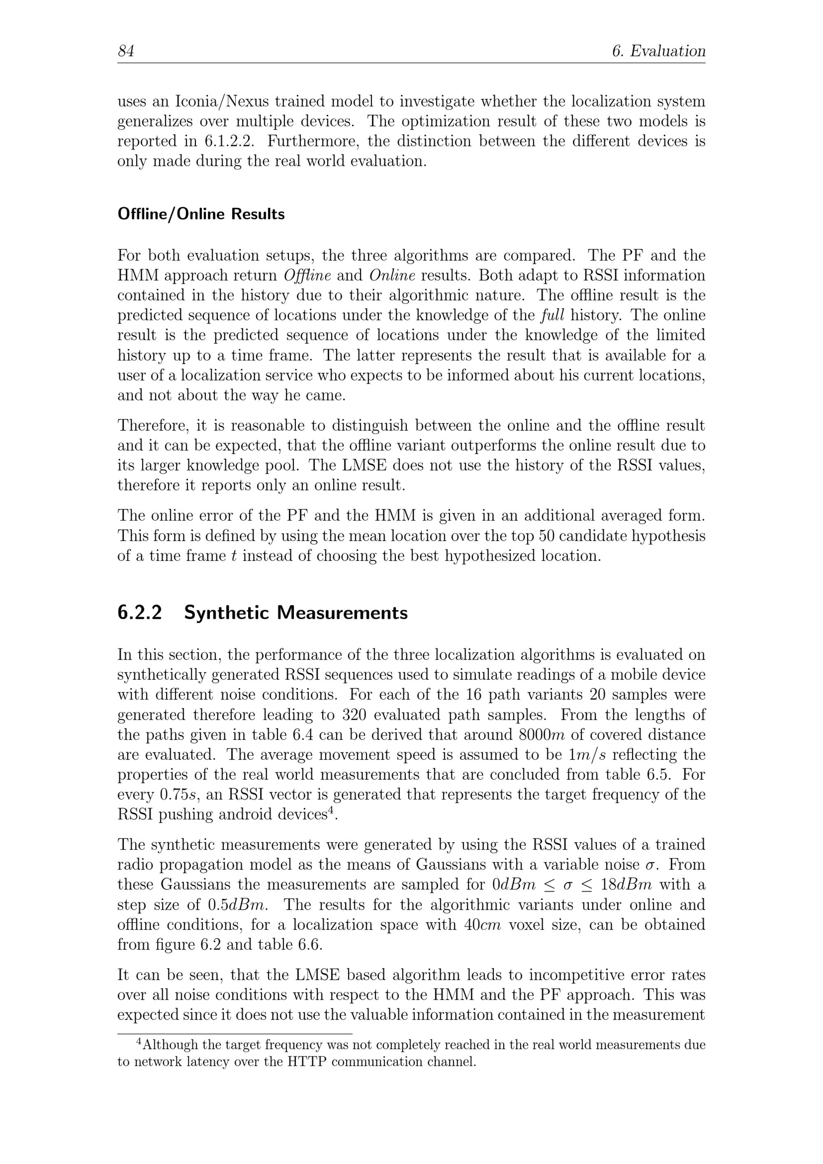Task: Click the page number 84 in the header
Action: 126,51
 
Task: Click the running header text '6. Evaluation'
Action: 659,51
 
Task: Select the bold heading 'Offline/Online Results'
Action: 201,214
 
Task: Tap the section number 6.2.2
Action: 139,613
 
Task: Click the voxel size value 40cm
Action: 482,925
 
